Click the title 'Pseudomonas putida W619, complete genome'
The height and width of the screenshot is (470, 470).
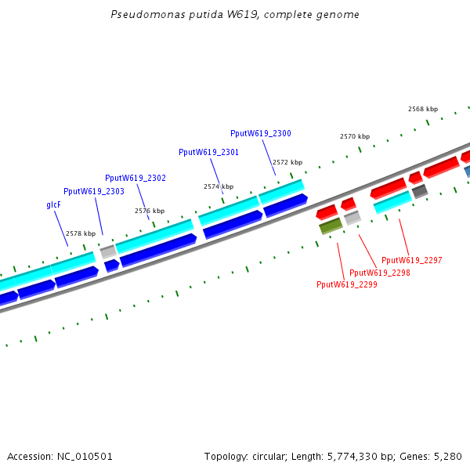coord(235,15)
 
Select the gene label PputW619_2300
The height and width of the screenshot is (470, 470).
coord(260,133)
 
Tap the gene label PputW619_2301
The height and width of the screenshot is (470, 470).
coord(208,152)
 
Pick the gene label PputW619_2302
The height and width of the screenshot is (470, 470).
coord(136,178)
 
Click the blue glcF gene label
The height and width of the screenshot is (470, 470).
coord(54,204)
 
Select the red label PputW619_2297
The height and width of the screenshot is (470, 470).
coord(412,260)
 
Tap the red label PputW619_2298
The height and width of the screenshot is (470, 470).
coord(380,273)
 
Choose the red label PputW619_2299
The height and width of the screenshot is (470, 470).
coord(347,285)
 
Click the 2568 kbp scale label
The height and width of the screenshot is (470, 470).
coord(423,109)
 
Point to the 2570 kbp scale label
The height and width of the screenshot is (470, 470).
coord(355,136)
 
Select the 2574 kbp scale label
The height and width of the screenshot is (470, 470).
coord(219,186)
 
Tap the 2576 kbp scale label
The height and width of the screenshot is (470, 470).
coord(150,211)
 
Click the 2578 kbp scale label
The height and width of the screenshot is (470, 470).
coord(81,233)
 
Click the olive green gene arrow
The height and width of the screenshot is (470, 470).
coord(330,226)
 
